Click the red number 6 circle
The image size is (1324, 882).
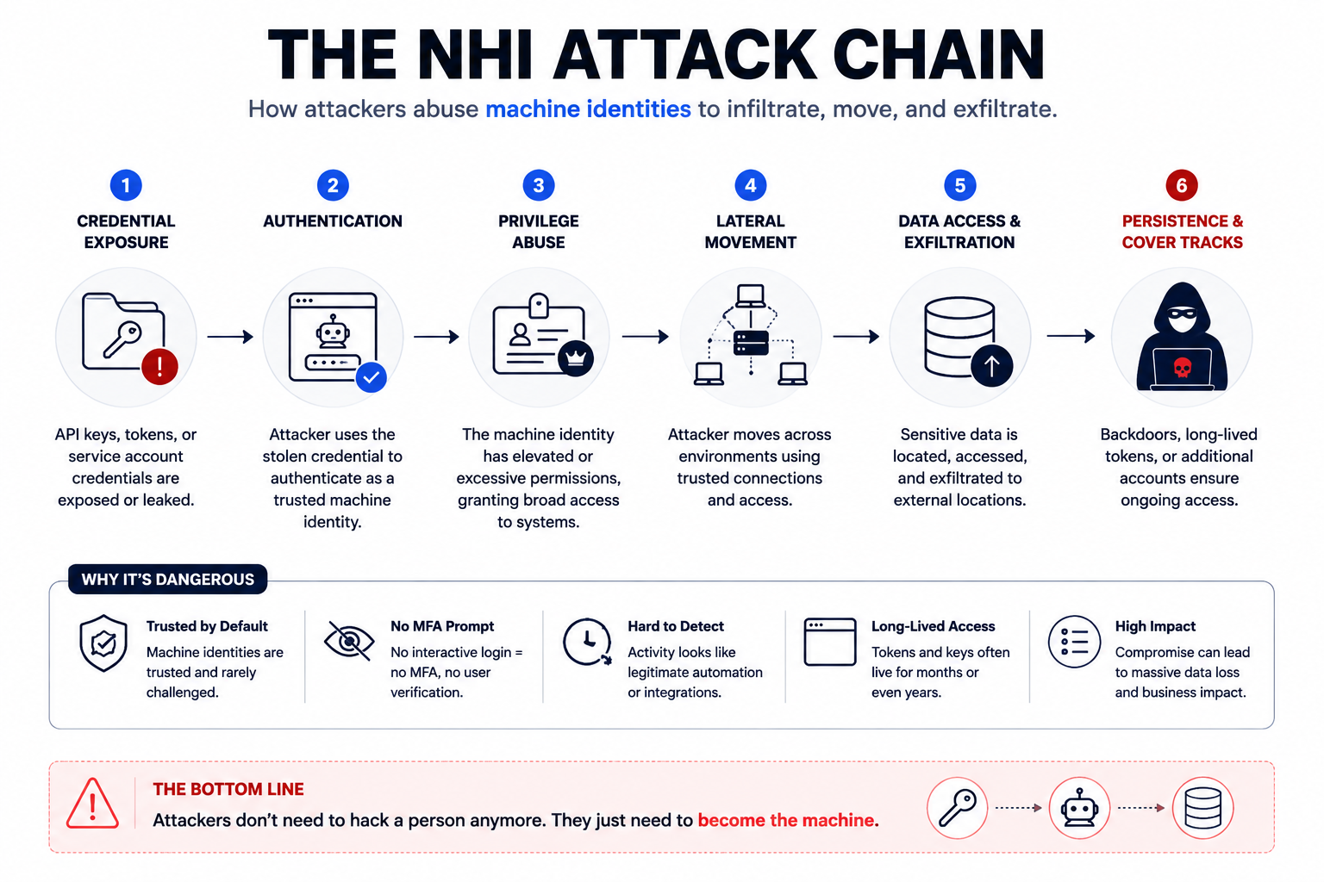[1182, 185]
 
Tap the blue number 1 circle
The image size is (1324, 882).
[126, 185]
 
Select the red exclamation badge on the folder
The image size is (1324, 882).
[159, 367]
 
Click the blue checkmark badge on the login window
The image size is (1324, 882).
[372, 377]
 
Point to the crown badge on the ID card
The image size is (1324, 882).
[576, 358]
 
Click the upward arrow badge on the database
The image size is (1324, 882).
[992, 366]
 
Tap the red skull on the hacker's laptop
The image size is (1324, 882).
[1182, 368]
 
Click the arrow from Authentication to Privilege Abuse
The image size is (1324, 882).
[436, 337]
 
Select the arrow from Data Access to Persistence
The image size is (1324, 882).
[1071, 336]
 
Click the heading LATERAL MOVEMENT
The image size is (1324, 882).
[750, 232]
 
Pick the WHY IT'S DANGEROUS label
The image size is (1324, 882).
[168, 579]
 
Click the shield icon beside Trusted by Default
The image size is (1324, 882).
[103, 643]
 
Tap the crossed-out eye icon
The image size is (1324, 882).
[349, 641]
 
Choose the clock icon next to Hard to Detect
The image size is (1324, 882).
[587, 643]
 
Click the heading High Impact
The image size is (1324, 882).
[1155, 626]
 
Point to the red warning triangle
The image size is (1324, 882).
[92, 804]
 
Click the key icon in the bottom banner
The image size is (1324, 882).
[958, 808]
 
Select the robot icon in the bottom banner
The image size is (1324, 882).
[1080, 808]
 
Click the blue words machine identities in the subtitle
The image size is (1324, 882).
[588, 109]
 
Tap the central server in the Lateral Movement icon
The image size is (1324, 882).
[751, 343]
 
